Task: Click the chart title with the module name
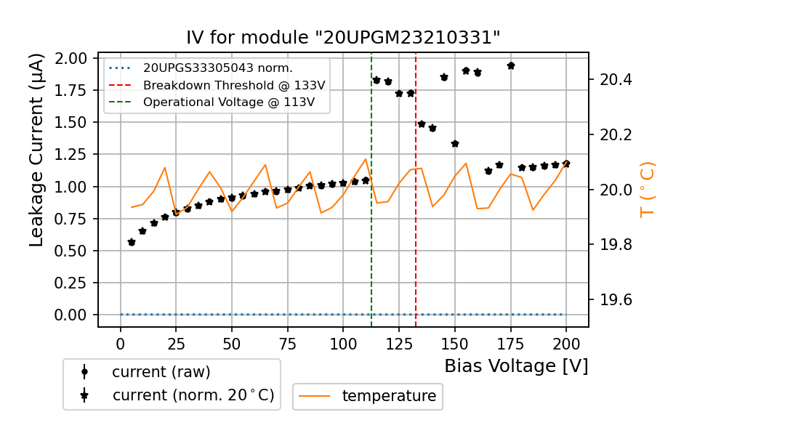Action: [343, 38]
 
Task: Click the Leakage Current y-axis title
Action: [37, 150]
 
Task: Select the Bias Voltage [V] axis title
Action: [516, 366]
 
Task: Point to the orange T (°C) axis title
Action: [647, 190]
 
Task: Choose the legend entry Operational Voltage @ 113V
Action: [229, 102]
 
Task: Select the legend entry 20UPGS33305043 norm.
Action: [218, 68]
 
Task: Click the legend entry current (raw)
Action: [161, 372]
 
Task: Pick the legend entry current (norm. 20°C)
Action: [193, 396]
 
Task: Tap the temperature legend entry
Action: [389, 396]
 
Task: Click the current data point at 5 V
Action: [132, 242]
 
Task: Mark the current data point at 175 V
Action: [511, 65]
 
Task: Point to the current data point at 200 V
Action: [566, 163]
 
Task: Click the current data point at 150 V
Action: [455, 144]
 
